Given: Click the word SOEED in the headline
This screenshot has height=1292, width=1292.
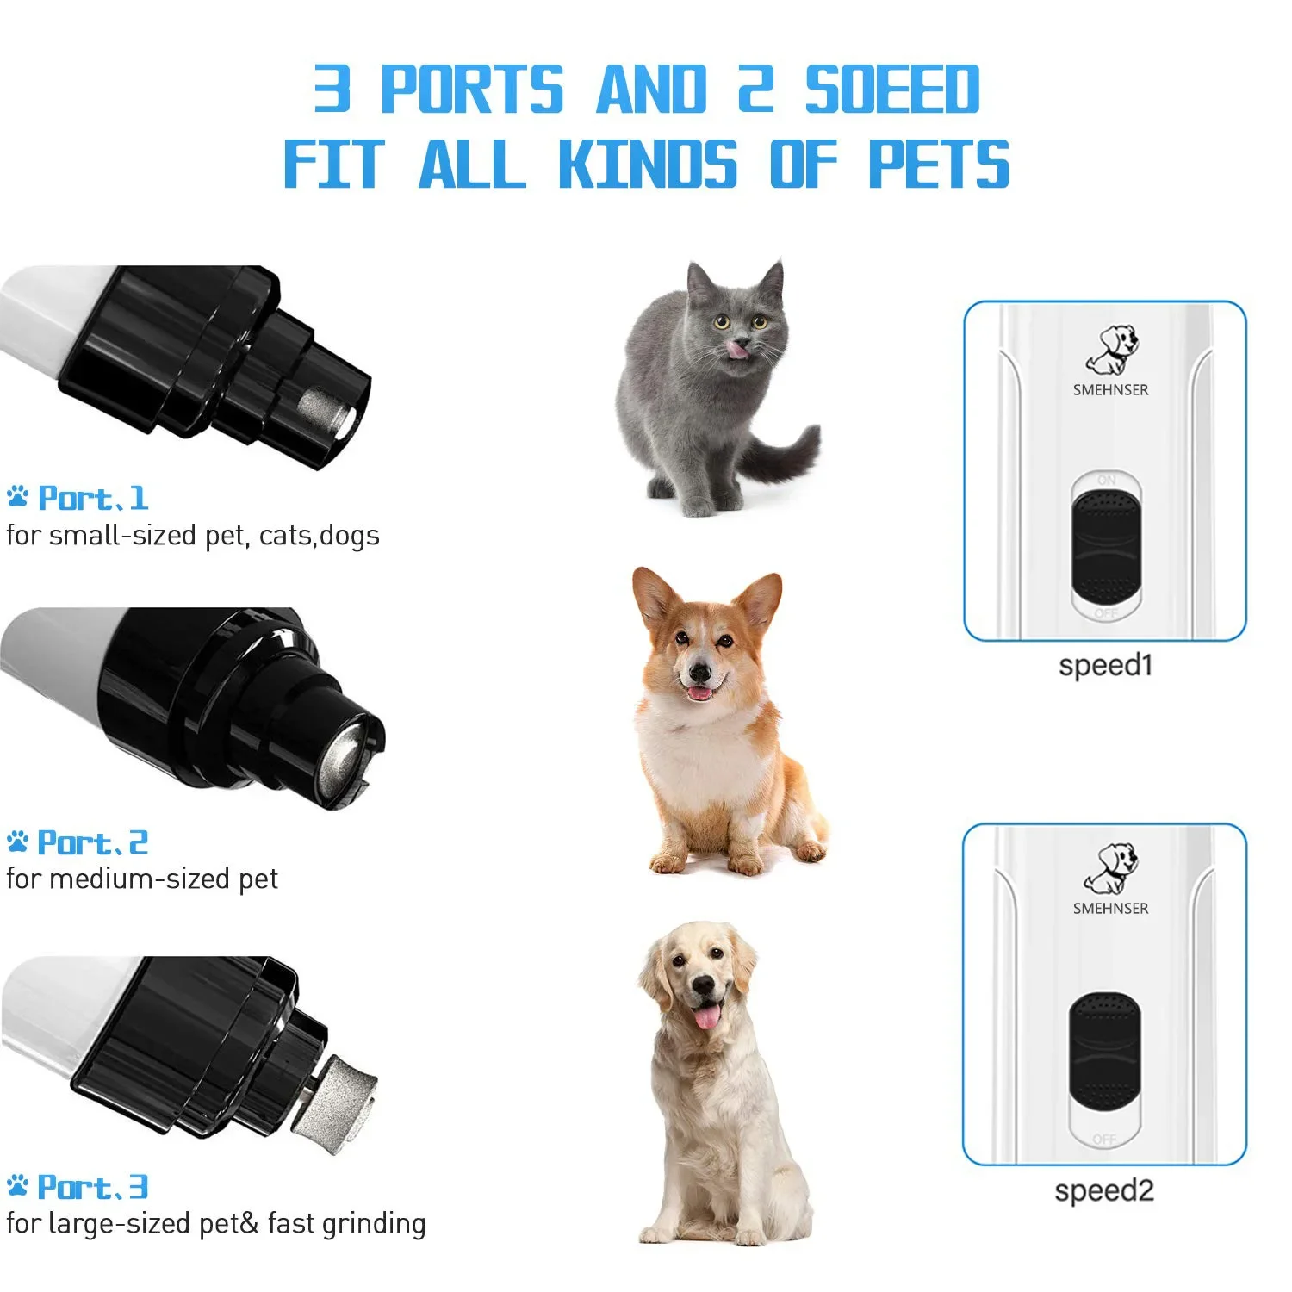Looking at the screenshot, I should (x=892, y=90).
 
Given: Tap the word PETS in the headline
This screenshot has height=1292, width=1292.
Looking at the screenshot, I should (x=938, y=164).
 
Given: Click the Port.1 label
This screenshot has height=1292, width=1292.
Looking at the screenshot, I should (x=93, y=498).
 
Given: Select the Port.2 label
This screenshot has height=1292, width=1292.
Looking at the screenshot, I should (x=92, y=842).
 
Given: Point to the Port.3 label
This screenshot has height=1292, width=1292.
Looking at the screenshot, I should (x=92, y=1187).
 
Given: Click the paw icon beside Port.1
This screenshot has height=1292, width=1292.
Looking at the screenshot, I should (x=18, y=497).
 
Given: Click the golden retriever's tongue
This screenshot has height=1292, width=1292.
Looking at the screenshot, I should (x=707, y=1017).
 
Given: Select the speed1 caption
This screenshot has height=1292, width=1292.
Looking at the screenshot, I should (x=1105, y=665).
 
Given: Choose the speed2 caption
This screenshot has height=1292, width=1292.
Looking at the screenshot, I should (x=1103, y=1190).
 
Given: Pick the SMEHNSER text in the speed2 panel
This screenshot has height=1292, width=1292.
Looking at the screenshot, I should (x=1110, y=908).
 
